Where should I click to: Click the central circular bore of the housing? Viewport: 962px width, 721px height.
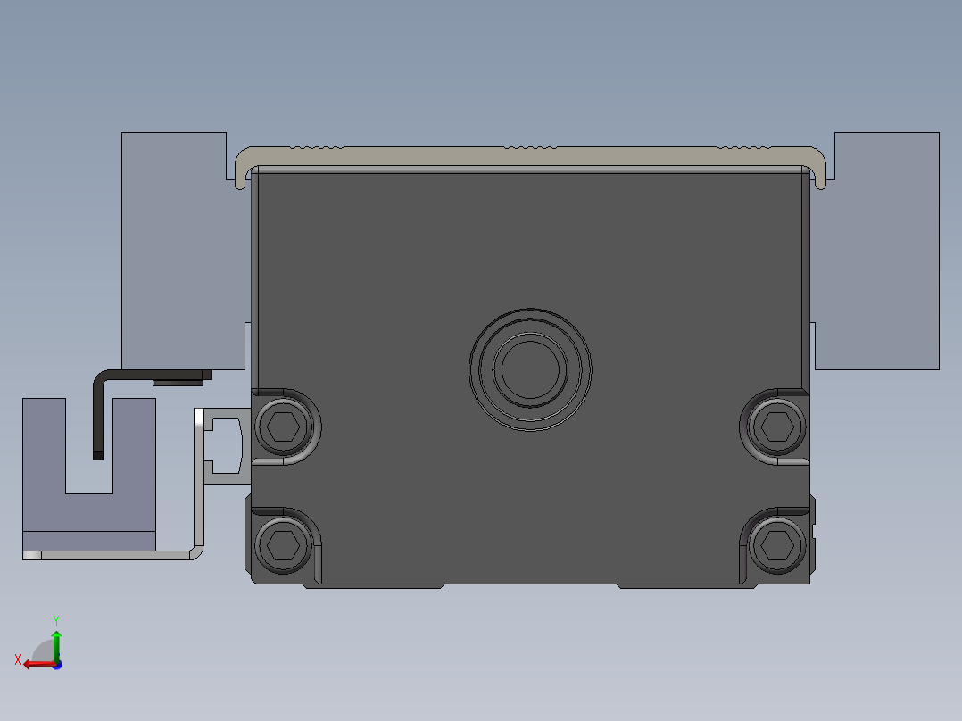[530, 369]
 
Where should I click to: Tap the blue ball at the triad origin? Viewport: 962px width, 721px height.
[56, 664]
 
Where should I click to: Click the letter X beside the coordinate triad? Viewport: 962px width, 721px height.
[18, 660]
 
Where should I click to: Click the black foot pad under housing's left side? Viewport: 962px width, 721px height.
[375, 586]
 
